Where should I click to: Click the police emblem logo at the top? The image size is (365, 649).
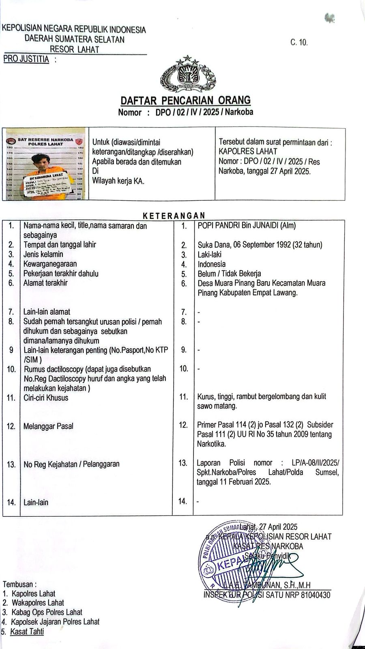click(187, 74)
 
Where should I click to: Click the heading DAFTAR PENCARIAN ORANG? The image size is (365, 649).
click(186, 100)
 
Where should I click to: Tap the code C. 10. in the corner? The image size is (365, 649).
click(299, 42)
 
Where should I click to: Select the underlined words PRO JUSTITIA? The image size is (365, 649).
click(26, 59)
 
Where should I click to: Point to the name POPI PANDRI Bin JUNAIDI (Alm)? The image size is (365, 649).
click(247, 226)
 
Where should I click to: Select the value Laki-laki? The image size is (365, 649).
click(209, 254)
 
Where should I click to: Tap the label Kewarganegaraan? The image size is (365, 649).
click(50, 264)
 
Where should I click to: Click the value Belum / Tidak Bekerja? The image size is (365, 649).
click(229, 273)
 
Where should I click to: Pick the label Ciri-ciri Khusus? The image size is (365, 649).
click(46, 398)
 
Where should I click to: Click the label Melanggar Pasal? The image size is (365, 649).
click(48, 426)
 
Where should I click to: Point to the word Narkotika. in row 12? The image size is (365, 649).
click(211, 444)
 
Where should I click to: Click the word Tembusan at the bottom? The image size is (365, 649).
click(19, 584)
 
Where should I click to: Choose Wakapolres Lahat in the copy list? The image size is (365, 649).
click(38, 603)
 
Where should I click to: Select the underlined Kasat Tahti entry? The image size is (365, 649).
click(27, 631)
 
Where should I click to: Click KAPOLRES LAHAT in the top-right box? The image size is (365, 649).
click(248, 152)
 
